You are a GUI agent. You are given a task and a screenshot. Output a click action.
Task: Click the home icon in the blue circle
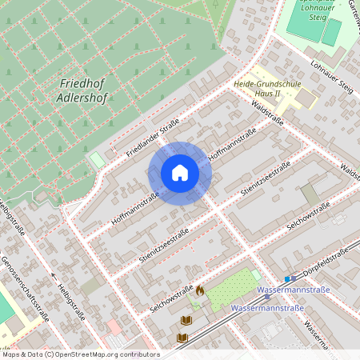(180, 173)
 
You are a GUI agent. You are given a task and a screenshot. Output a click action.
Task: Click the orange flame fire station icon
(200, 292)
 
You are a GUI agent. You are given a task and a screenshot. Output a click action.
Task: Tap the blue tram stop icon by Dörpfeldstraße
(287, 278)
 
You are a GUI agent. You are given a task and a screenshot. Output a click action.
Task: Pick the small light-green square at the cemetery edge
(97, 160)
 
